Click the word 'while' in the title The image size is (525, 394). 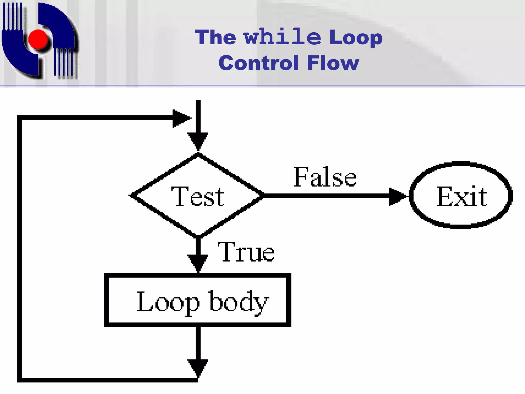[x=282, y=37]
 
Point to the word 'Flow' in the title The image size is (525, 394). [x=333, y=63]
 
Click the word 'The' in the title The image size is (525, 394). [x=215, y=37]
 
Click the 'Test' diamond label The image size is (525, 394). [x=198, y=196]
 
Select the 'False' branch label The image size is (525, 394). [x=325, y=177]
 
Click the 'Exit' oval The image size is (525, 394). [x=461, y=195]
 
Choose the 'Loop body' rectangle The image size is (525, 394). [x=198, y=300]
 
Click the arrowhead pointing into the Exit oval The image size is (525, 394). [x=397, y=196]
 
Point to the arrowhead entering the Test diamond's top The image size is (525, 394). [x=198, y=141]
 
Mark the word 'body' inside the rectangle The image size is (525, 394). [x=239, y=302]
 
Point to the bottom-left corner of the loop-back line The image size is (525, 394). [x=19, y=380]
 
